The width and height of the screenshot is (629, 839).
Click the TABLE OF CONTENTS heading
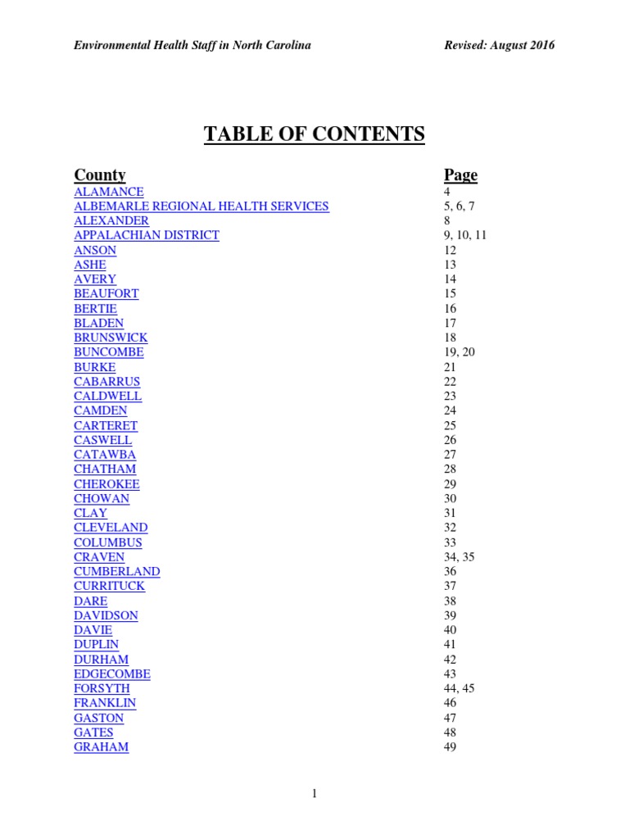pyautogui.click(x=314, y=134)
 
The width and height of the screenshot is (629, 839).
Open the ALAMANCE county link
pyautogui.click(x=109, y=192)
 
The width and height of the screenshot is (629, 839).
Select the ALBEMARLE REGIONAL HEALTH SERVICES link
pyautogui.click(x=201, y=206)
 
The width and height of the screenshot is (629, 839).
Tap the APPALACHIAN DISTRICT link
pyautogui.click(x=147, y=235)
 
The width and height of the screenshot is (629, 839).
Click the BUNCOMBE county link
pyautogui.click(x=109, y=352)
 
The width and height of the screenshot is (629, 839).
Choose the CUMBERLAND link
pyautogui.click(x=117, y=572)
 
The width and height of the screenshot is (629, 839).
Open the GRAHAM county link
pyautogui.click(x=101, y=747)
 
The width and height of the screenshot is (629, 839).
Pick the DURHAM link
pyautogui.click(x=101, y=660)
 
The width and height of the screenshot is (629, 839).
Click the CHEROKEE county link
pyautogui.click(x=106, y=484)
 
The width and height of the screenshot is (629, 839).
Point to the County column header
pyautogui.click(x=100, y=175)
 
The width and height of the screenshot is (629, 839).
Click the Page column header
pyautogui.click(x=460, y=175)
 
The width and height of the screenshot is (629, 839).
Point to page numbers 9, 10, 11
pyautogui.click(x=465, y=235)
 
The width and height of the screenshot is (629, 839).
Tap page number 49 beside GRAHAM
pyautogui.click(x=450, y=747)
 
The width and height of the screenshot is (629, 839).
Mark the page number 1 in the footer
pyautogui.click(x=314, y=793)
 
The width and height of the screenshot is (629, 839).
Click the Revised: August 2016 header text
pyautogui.click(x=498, y=45)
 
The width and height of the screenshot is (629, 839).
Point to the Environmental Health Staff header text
pyautogui.click(x=192, y=45)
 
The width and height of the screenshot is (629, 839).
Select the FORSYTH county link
pyautogui.click(x=102, y=689)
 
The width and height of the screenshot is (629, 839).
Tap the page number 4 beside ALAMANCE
pyautogui.click(x=447, y=192)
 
